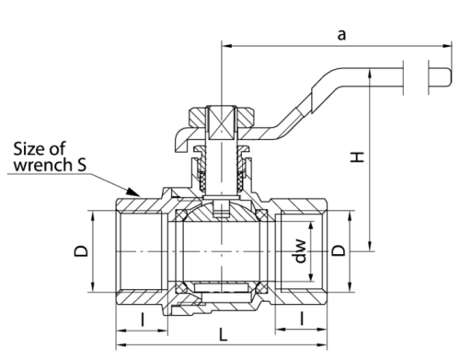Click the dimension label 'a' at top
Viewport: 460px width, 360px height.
pos(341,35)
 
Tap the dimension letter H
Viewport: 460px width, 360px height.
pos(357,157)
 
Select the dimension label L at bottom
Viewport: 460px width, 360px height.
pos(223,334)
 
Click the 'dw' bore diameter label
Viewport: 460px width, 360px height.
pos(300,251)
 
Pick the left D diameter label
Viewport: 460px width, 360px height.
pos(81,250)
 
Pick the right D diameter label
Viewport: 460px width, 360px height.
pos(339,250)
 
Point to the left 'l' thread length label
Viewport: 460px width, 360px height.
pos(143,319)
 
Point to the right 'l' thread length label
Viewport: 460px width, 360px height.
pos(302,318)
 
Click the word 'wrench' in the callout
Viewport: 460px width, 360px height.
pos(42,165)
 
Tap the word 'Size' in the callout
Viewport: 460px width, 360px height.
pos(29,148)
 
